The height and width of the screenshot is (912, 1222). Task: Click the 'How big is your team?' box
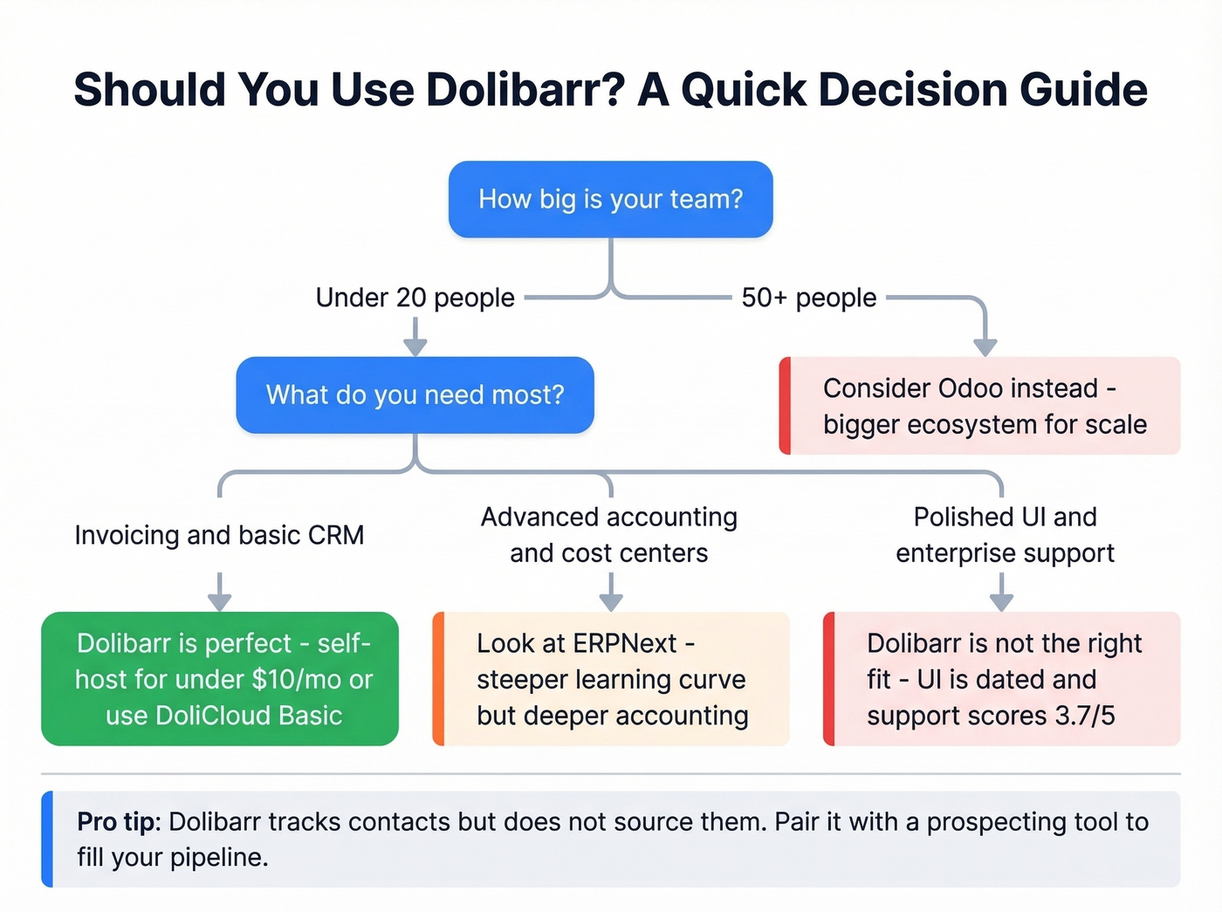click(x=610, y=199)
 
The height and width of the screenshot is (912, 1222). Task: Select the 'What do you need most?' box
click(x=415, y=394)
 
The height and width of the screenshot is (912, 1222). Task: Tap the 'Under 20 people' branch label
click(x=415, y=298)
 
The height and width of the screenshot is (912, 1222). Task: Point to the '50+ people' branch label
click(x=808, y=298)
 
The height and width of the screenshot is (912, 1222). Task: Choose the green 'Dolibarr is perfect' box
click(x=220, y=679)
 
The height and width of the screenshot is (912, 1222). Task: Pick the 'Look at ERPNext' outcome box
click(x=611, y=679)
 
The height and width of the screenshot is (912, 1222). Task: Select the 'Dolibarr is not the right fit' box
click(x=1002, y=679)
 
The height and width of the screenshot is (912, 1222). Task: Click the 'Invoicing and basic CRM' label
click(x=219, y=535)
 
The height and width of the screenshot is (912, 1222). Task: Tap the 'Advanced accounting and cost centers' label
click(x=609, y=535)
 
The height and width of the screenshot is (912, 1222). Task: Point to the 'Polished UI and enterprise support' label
click(x=1005, y=535)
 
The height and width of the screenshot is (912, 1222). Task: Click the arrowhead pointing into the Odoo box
click(x=985, y=346)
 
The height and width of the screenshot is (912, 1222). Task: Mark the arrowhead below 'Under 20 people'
click(x=415, y=346)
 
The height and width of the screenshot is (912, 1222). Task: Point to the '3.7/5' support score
click(x=1084, y=716)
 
